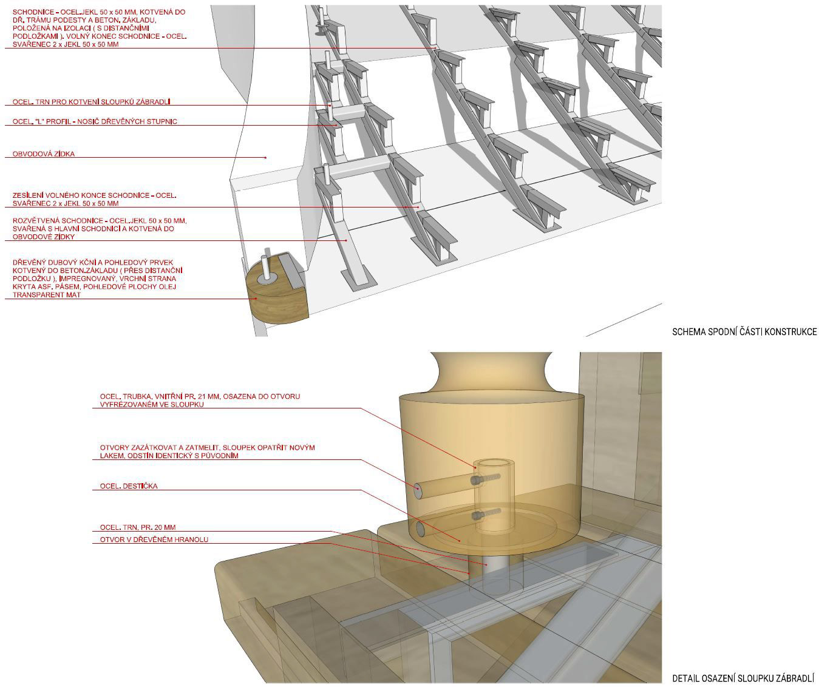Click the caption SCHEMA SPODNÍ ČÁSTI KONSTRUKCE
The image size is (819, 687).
[x=744, y=332]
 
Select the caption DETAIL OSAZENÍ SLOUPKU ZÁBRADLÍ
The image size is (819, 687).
[x=743, y=678]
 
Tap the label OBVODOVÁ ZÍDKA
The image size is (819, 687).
[x=44, y=154]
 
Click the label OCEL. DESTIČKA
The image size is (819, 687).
[x=129, y=486]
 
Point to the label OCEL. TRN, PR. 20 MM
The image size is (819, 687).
[x=138, y=527]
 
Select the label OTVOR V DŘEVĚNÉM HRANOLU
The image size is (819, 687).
[x=154, y=540]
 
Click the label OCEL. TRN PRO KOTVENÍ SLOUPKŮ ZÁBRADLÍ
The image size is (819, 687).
[x=96, y=102]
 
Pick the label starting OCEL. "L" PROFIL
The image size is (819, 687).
[x=95, y=122]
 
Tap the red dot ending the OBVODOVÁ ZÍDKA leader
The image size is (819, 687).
[x=265, y=158]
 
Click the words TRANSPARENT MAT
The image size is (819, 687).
[x=47, y=295]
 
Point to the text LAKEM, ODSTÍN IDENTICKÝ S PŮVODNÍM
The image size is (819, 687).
[x=169, y=456]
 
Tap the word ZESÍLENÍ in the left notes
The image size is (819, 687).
[x=29, y=195]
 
